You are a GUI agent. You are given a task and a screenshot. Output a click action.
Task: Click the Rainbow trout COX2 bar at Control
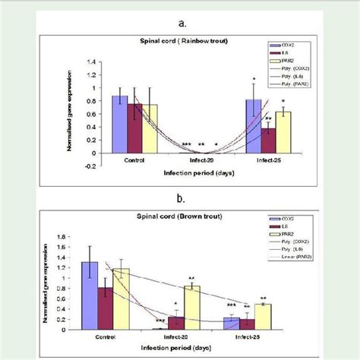tap(119, 125)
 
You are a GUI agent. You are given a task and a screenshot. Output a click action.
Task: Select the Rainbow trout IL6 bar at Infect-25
tap(268, 141)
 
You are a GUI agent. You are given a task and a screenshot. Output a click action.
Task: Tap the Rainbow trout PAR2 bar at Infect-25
tap(283, 132)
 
